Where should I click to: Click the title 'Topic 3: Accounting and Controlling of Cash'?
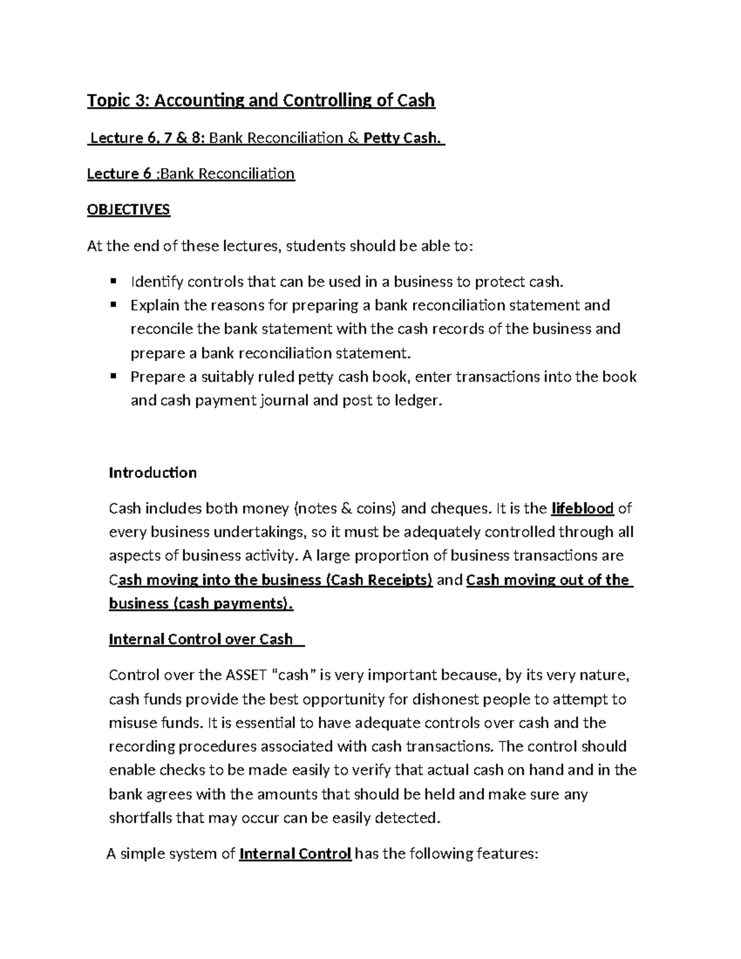(261, 100)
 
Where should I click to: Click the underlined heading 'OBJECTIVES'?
(128, 210)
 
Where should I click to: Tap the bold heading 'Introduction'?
(153, 473)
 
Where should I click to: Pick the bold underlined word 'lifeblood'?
(582, 509)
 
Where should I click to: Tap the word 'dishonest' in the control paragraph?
(446, 699)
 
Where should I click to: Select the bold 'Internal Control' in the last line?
(295, 854)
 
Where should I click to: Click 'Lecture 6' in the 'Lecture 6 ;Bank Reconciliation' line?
(119, 174)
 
